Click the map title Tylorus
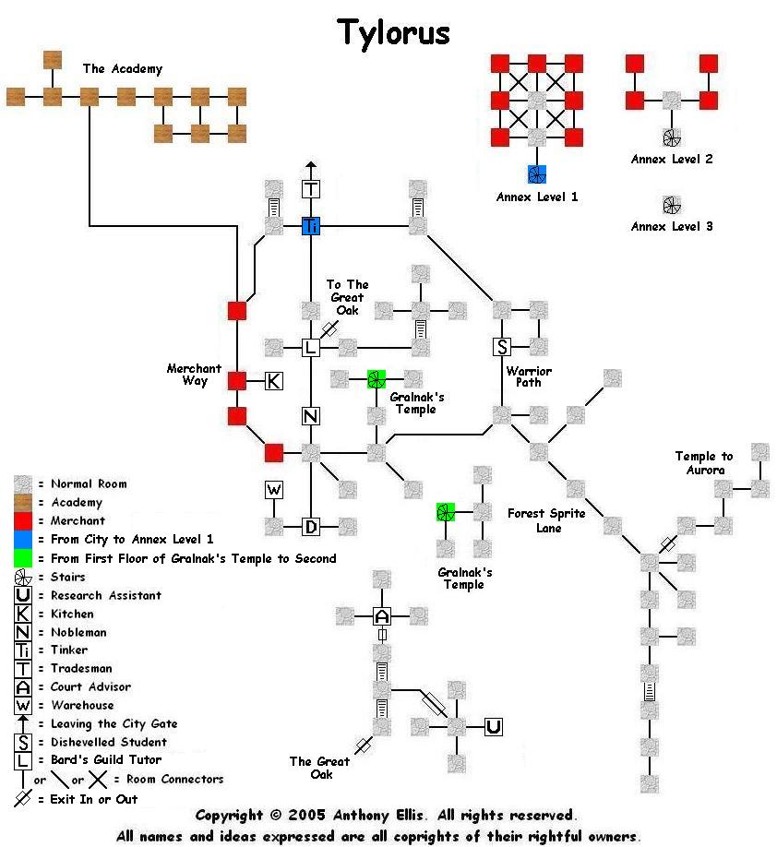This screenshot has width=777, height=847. tap(393, 32)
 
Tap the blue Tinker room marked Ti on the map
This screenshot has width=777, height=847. tap(311, 226)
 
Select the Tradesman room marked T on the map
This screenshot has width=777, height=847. tap(311, 189)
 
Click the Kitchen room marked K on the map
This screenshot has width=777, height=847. tap(274, 380)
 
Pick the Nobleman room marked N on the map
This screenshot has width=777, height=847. tap(311, 416)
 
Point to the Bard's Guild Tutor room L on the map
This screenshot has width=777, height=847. tap(311, 347)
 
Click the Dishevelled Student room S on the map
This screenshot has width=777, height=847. tap(502, 347)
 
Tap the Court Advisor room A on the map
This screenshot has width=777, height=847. tap(383, 615)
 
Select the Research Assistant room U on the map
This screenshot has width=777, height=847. tap(494, 727)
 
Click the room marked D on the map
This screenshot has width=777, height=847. tap(311, 527)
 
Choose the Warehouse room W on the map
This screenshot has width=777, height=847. tap(274, 489)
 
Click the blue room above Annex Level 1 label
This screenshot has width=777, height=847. tap(537, 174)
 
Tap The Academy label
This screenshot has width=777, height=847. tap(122, 68)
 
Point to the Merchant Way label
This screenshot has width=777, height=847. tap(194, 375)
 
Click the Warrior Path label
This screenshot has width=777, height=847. tap(529, 376)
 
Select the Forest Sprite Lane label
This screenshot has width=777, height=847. tap(546, 520)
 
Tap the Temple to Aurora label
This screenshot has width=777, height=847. tap(704, 463)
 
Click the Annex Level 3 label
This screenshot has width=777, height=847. tap(672, 226)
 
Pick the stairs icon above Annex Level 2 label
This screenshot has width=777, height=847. tap(672, 137)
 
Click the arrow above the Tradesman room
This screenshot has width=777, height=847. tap(311, 168)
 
